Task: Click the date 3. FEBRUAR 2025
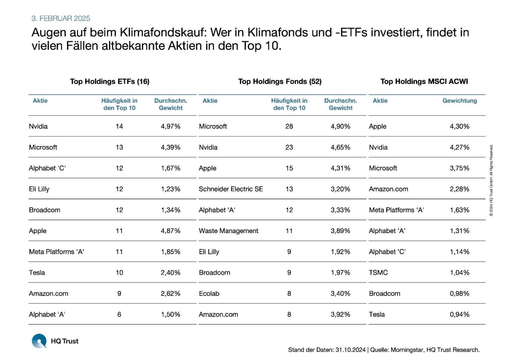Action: [x=61, y=18]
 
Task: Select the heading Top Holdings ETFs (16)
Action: [x=110, y=82]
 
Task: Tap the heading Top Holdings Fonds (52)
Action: [x=280, y=82]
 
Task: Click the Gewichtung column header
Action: [x=460, y=101]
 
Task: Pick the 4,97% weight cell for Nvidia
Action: [x=171, y=126]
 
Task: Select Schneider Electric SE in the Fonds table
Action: [x=231, y=189]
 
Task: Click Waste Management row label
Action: [x=229, y=231]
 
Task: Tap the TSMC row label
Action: [x=378, y=272]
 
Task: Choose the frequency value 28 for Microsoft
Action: [x=289, y=126]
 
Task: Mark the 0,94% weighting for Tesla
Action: [x=460, y=314]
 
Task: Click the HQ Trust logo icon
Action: [x=39, y=341]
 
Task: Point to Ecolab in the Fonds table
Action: [x=209, y=294]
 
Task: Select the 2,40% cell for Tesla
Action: [x=171, y=272]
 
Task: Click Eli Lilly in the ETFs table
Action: [x=39, y=189]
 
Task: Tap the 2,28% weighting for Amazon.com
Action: [x=460, y=189]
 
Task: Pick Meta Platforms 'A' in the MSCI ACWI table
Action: [x=396, y=210]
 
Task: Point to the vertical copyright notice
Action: [x=492, y=181]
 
